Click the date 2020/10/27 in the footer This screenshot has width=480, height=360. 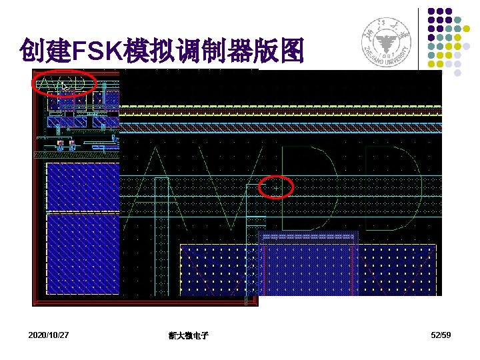click(x=49, y=335)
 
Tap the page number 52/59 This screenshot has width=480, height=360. click(x=441, y=335)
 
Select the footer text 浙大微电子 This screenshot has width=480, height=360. click(x=189, y=335)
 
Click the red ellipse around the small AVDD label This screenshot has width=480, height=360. click(x=65, y=83)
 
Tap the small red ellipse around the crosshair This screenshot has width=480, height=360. click(x=276, y=187)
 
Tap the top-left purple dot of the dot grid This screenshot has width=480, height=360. click(x=431, y=11)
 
